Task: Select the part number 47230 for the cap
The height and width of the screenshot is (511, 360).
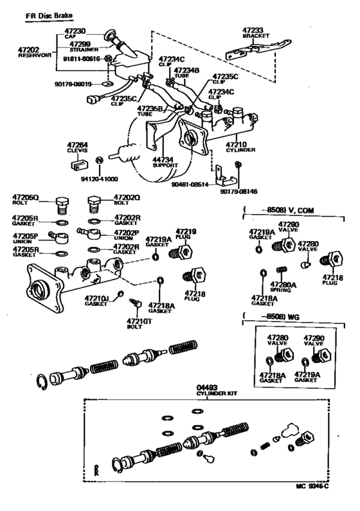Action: (74, 31)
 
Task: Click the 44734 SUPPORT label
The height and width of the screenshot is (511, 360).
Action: (165, 162)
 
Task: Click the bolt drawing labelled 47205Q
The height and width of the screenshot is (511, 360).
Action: (62, 205)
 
